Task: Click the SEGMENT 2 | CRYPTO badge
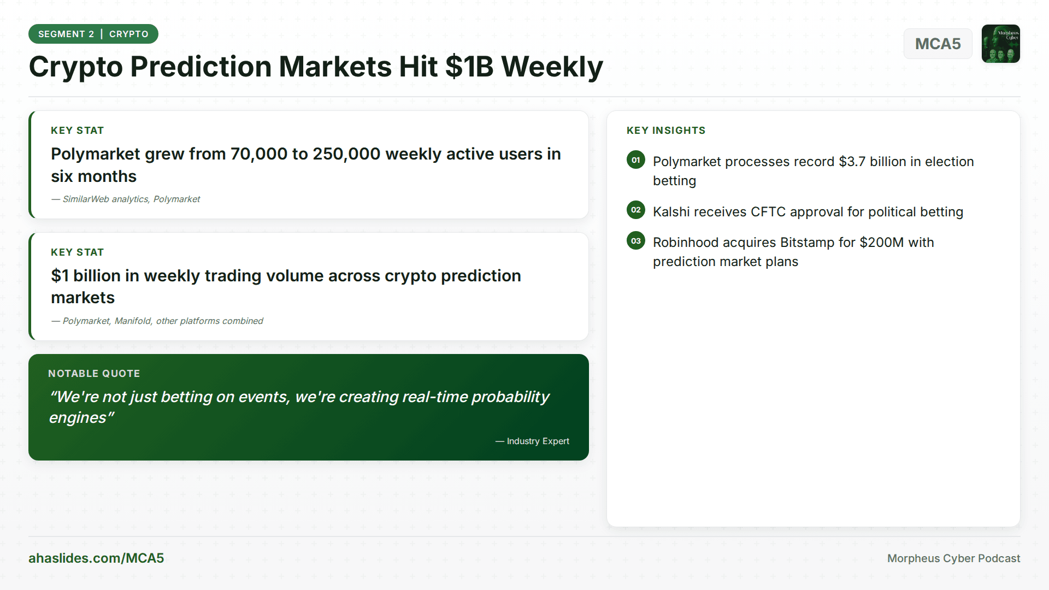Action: pos(93,34)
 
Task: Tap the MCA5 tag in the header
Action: pos(938,44)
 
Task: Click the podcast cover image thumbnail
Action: pos(1001,44)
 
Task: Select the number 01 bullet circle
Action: pos(636,160)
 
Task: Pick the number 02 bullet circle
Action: pos(636,210)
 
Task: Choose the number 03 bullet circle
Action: pos(636,241)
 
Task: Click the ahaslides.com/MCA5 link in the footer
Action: pos(96,558)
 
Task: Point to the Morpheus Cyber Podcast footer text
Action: pos(953,558)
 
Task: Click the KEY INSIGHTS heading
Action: pos(666,131)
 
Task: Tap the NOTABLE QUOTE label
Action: pos(94,374)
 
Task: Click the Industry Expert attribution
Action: pos(532,441)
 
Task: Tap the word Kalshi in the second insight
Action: pos(672,212)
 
